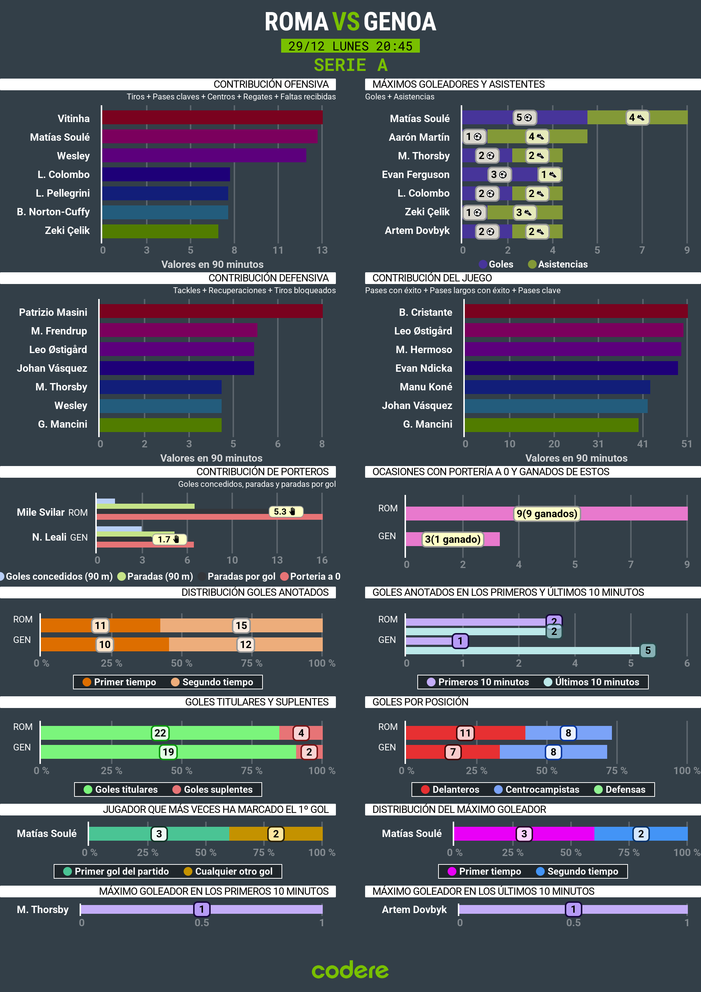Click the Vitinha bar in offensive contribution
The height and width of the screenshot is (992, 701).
[x=212, y=118]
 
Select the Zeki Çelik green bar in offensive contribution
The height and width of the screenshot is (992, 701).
[x=160, y=231]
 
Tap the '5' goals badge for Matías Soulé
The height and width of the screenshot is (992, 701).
[x=524, y=118]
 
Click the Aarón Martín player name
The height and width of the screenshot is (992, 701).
[x=419, y=137]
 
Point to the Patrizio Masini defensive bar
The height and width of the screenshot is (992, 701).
[x=211, y=311]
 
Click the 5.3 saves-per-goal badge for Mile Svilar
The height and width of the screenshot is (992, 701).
[x=285, y=512]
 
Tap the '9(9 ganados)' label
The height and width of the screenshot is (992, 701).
[x=547, y=513]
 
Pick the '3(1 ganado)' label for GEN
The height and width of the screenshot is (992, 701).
[x=452, y=539]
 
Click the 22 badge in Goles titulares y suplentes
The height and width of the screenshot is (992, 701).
[x=160, y=733]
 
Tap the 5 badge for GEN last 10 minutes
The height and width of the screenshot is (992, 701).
[x=647, y=650]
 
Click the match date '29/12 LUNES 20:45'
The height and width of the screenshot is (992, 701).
[x=350, y=46]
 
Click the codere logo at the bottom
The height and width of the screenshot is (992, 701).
[x=350, y=970]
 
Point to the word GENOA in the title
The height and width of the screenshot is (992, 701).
[x=399, y=22]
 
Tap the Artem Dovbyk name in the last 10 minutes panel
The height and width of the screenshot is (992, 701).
[x=414, y=909]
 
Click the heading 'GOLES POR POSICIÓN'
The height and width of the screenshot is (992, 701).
[x=420, y=702]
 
